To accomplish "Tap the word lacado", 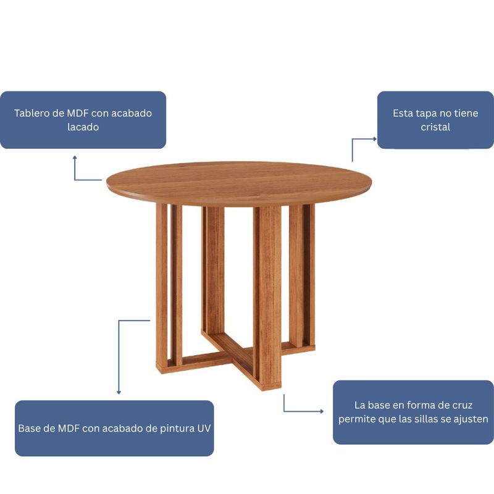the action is click(83, 127).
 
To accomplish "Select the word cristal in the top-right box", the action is click(435, 127).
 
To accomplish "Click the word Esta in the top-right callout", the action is click(403, 113).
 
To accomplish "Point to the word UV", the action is click(204, 429).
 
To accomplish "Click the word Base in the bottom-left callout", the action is click(28, 429).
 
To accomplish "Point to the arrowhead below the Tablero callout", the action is click(75, 157).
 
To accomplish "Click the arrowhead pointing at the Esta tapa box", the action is click(375, 138).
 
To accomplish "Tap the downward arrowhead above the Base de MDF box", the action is click(119, 392).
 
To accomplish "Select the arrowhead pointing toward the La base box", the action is click(321, 411).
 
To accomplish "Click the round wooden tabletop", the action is click(239, 182).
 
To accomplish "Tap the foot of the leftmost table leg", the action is click(162, 368).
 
